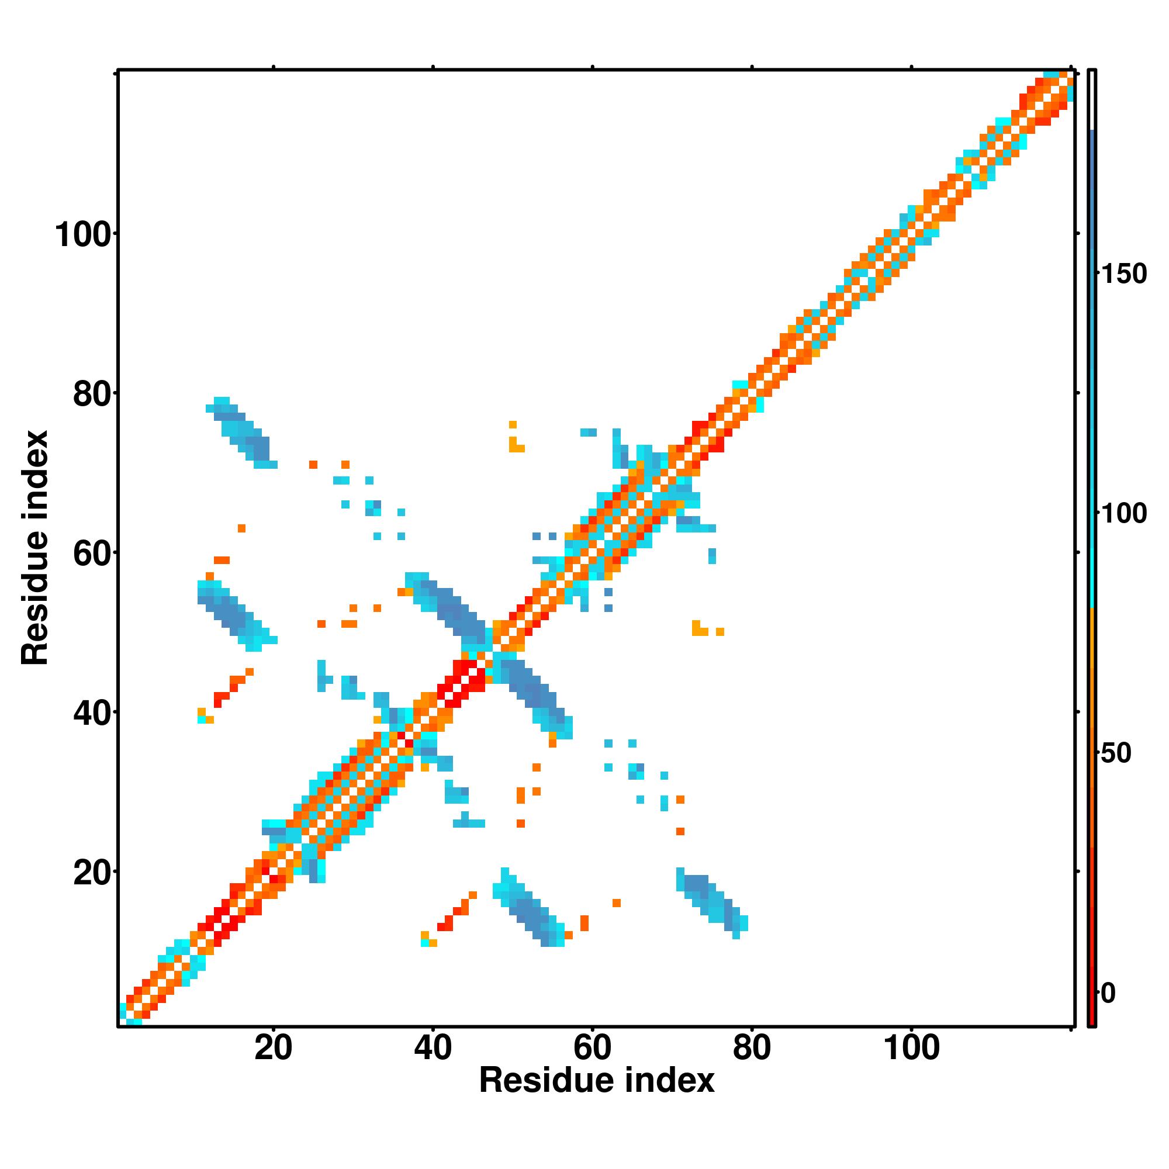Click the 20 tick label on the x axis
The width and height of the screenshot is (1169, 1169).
coord(273,1047)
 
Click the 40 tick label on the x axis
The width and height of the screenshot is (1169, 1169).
coord(433,1047)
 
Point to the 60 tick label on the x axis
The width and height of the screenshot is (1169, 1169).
coord(592,1047)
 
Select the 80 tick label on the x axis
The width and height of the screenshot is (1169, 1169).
coord(752,1047)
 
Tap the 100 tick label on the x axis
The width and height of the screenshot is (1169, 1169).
coord(912,1047)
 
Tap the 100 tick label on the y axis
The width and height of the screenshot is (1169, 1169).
coord(84,235)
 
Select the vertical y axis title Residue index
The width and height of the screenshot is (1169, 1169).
coord(35,548)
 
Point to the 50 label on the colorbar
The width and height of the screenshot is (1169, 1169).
coord(1115,753)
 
